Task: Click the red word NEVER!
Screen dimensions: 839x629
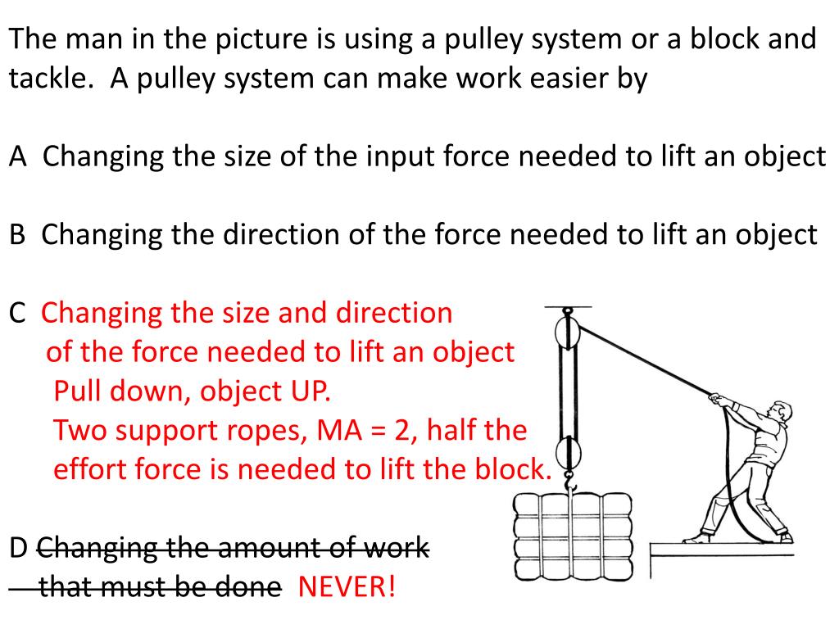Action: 347,586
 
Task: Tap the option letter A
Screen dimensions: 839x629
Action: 18,156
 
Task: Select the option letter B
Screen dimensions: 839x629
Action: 17,235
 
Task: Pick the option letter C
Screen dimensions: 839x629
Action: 17,313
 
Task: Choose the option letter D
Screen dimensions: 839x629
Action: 19,548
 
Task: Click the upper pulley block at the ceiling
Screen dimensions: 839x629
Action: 568,331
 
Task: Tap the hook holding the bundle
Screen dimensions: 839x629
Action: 570,482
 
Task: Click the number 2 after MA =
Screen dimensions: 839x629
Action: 401,431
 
